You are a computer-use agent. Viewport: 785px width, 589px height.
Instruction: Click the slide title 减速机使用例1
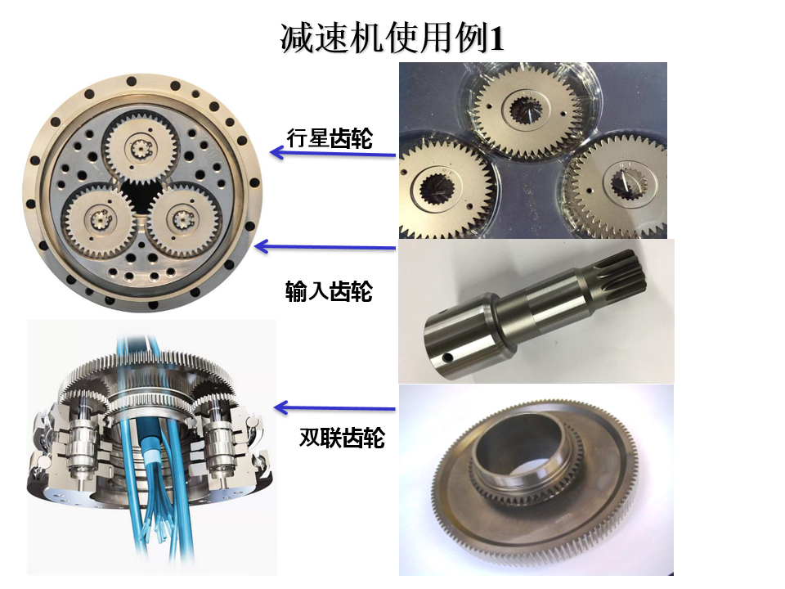[392, 38]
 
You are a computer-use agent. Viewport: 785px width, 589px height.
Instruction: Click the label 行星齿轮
[330, 139]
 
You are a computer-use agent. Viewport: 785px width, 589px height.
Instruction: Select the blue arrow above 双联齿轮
[335, 407]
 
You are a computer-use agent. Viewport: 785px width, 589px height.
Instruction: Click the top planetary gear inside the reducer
[138, 148]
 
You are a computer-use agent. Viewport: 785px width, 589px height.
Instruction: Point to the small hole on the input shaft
[447, 358]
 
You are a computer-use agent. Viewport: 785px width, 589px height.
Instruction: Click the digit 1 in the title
[495, 39]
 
